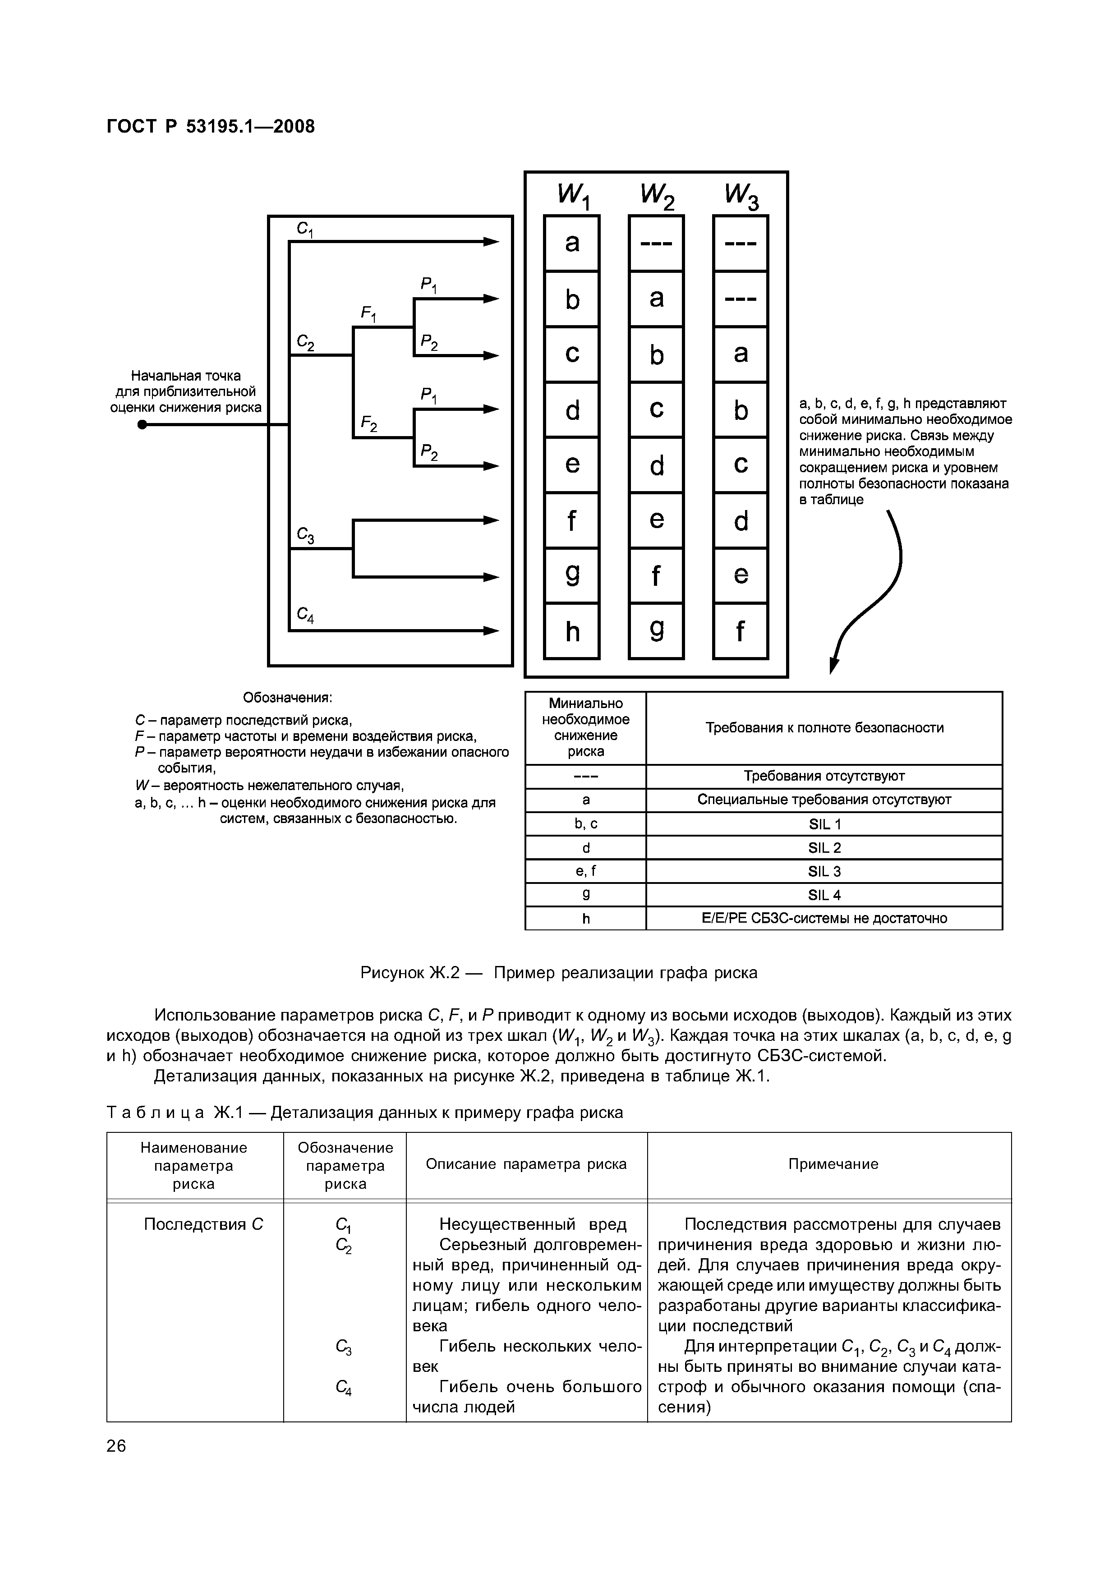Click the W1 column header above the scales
[x=573, y=196]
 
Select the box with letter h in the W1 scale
[x=572, y=631]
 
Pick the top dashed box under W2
[x=656, y=243]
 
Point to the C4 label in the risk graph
[x=305, y=615]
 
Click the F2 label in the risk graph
[x=368, y=424]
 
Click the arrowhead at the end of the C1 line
[x=491, y=242]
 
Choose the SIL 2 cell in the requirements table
[x=824, y=847]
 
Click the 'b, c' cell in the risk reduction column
[x=585, y=824]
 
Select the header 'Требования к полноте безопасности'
[x=824, y=727]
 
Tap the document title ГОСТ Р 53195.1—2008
[x=211, y=127]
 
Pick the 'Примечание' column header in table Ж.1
[x=833, y=1164]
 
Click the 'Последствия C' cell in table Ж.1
[x=203, y=1224]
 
